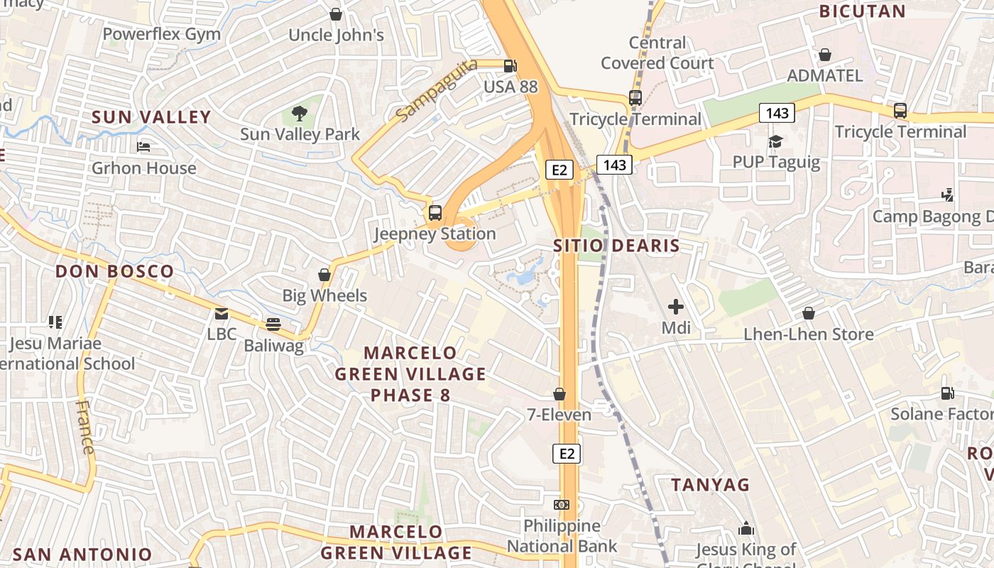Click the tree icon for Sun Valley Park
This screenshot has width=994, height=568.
pos(300,113)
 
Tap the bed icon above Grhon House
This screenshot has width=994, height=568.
pos(143,147)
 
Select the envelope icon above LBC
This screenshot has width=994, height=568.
pos(222,313)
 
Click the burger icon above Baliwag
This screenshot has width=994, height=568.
pos(273,324)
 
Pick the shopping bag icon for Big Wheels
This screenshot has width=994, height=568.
pos(324,274)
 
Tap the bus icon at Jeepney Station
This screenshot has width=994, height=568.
pos(435,212)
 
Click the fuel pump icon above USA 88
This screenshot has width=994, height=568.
pos(510,66)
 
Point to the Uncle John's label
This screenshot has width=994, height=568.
pos(336,35)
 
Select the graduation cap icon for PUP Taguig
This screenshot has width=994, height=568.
pos(775,141)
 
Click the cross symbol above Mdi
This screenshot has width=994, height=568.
pos(675,307)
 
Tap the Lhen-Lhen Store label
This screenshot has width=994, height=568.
pos(808,334)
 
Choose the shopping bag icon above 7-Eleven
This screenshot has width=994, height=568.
pos(559,393)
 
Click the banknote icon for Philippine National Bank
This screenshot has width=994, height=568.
pos(562,505)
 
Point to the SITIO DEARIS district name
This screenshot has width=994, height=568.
pos(616,246)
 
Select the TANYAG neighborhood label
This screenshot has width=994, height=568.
pos(711,485)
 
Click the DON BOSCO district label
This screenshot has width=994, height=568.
pos(114,271)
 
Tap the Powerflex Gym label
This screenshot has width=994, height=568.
pos(161,34)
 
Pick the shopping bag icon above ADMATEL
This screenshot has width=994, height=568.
pos(825,55)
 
